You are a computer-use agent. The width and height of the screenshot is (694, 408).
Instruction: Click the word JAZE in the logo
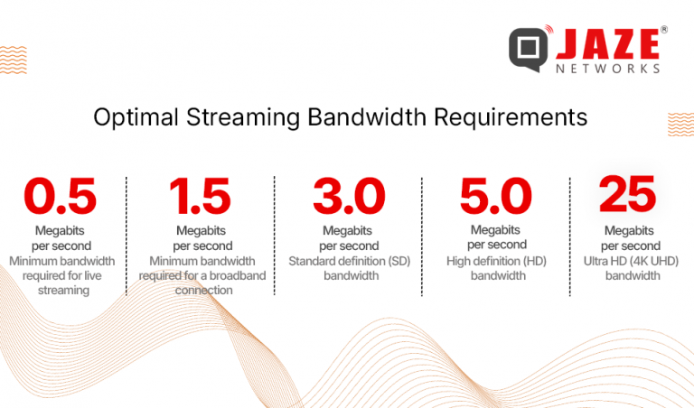[606, 43]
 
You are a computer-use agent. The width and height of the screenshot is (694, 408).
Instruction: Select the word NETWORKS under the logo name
[606, 68]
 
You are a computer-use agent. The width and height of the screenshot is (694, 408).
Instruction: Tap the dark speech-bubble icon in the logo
[527, 50]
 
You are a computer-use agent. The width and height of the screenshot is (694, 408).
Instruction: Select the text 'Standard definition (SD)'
[348, 262]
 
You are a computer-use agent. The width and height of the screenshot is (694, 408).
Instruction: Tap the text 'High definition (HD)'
[495, 262]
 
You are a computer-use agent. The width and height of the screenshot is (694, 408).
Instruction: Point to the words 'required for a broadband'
[202, 276]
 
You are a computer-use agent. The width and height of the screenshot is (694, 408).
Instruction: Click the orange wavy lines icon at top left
[13, 59]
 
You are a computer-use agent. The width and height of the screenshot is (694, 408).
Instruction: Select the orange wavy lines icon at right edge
[680, 124]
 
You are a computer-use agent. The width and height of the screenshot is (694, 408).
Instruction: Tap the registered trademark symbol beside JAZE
[664, 30]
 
